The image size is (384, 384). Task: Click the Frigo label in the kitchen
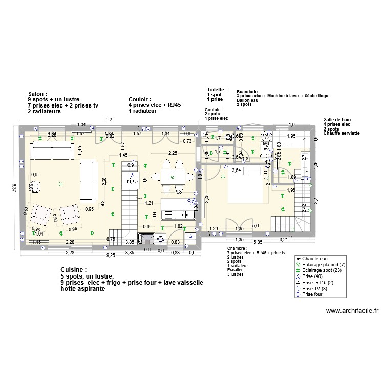[x=130, y=181]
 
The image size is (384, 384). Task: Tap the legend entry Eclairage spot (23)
[x=323, y=270]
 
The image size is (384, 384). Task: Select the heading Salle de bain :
[x=338, y=119]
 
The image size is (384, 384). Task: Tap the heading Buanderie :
[x=248, y=91]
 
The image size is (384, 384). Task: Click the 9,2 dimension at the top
[x=109, y=119]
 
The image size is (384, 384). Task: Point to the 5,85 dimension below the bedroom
[x=258, y=242]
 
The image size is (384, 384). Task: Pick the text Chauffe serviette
[x=342, y=133]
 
